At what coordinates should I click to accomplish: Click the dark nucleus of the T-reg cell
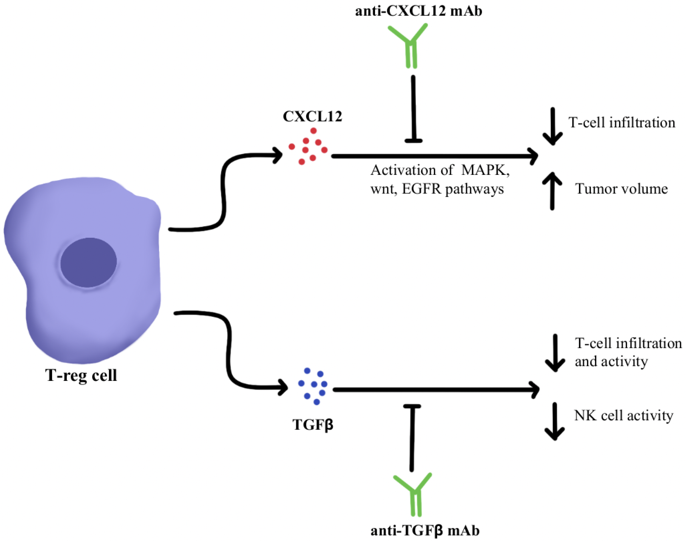pyautogui.click(x=89, y=262)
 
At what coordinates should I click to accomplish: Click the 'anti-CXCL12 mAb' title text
pyautogui.click(x=418, y=11)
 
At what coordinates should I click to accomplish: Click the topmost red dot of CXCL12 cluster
pyautogui.click(x=313, y=131)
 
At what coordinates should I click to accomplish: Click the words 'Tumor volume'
pyautogui.click(x=621, y=189)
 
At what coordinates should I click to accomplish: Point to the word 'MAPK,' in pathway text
pyautogui.click(x=486, y=171)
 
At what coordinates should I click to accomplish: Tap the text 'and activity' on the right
pyautogui.click(x=611, y=361)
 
